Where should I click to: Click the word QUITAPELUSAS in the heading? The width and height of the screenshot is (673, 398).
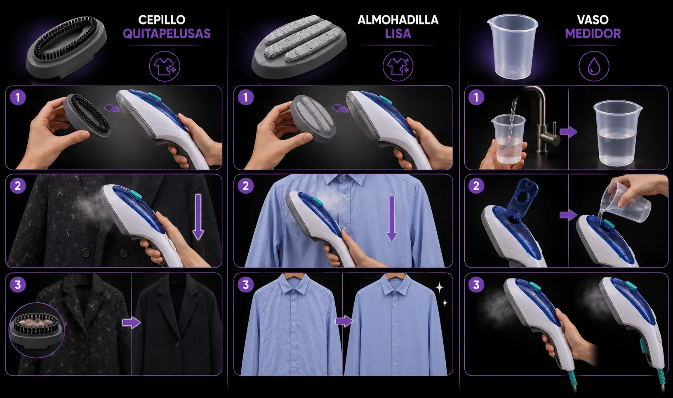click(x=167, y=33)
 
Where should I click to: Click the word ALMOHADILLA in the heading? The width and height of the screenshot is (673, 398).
click(x=398, y=20)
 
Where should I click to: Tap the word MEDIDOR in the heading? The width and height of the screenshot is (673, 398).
click(x=593, y=33)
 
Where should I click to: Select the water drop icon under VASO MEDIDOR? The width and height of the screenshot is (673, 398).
click(x=594, y=66)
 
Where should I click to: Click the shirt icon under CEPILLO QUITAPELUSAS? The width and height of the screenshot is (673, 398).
click(x=165, y=66)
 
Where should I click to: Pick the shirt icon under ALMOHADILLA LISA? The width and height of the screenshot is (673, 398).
click(x=398, y=66)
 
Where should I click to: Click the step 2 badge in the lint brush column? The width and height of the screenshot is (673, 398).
click(x=18, y=186)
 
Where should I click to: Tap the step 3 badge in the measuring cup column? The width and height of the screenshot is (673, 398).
click(x=476, y=284)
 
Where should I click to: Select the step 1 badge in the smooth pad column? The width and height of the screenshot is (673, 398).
click(x=246, y=97)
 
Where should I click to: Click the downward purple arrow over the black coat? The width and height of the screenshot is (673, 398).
click(x=198, y=217)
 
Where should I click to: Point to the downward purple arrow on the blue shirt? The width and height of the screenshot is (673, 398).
click(x=391, y=219)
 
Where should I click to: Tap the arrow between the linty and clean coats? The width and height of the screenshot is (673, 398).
click(x=131, y=323)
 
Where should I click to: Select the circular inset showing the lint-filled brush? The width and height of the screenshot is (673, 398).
click(x=37, y=330)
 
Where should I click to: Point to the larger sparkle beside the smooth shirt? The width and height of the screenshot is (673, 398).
click(x=440, y=288)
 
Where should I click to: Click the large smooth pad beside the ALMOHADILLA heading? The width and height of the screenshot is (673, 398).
click(x=299, y=47)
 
